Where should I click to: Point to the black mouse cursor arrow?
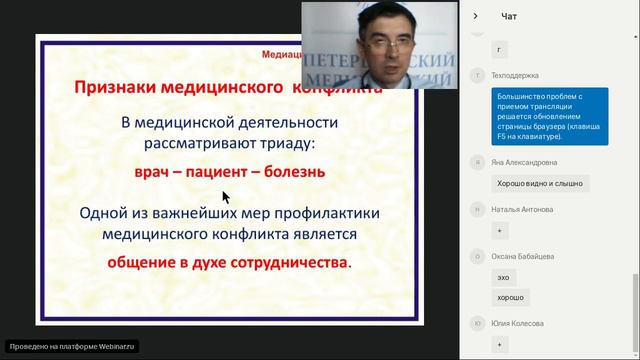point(226,197)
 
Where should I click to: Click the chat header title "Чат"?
point(509,16)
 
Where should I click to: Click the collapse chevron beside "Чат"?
point(475,16)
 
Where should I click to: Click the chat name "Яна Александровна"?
point(524,162)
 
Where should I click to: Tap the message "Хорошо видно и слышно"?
point(540,183)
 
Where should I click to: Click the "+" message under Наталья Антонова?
point(500,230)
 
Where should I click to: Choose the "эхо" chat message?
point(503,277)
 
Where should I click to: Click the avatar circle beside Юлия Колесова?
point(480,322)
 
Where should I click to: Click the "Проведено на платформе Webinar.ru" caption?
point(70,346)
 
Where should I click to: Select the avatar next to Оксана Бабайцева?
point(480,256)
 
